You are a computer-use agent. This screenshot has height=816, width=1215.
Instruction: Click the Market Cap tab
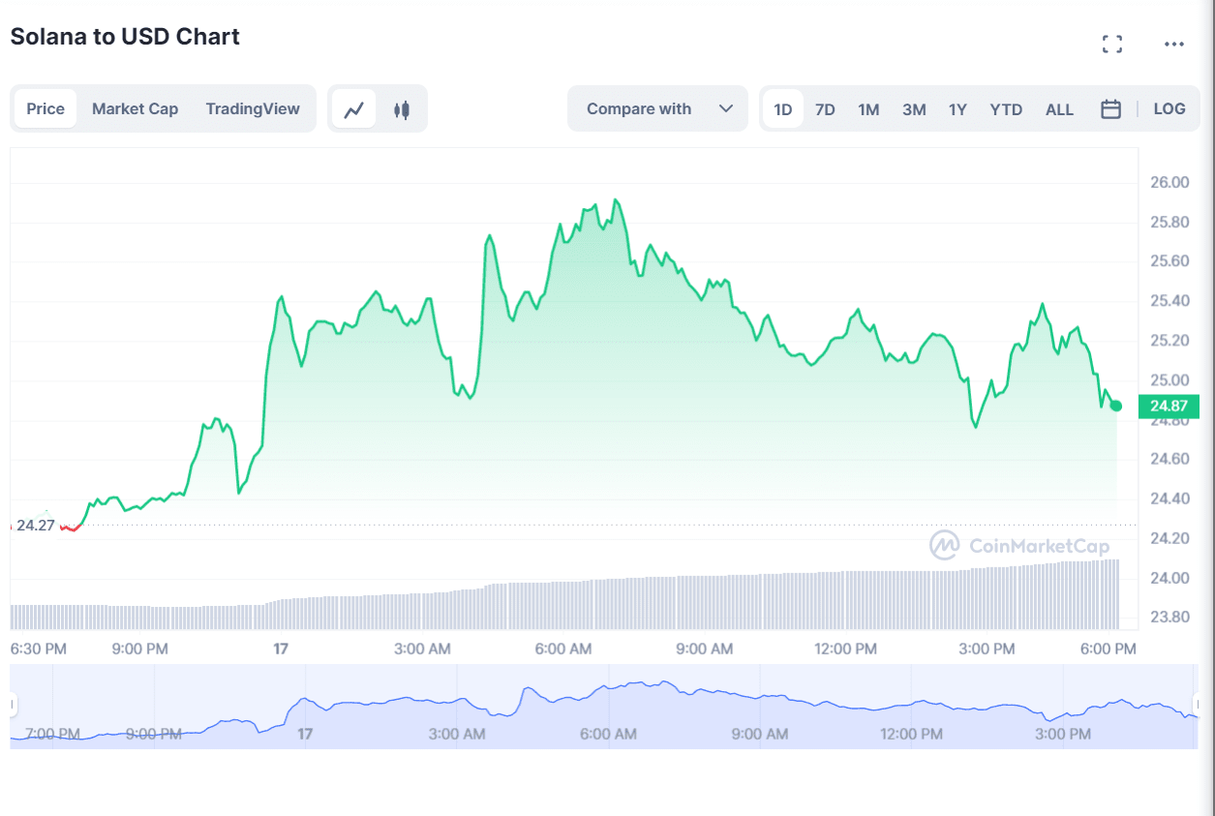pos(135,108)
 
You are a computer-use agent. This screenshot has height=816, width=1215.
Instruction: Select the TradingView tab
pos(253,108)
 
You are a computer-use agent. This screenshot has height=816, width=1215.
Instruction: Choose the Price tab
pos(46,108)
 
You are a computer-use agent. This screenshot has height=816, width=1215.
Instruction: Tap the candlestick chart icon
pos(402,109)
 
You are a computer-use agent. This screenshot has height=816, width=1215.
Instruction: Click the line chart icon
pos(354,109)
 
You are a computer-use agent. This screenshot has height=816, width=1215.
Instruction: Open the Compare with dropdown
pos(658,108)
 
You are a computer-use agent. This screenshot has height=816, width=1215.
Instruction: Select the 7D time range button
pos(825,109)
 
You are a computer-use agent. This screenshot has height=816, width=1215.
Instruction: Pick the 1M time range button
pos(868,109)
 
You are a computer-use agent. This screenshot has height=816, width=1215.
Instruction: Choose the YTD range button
pos(1006,109)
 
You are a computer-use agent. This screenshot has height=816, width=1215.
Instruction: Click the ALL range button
pos(1059,109)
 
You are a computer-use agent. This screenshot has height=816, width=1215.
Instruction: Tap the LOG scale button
pos(1169,108)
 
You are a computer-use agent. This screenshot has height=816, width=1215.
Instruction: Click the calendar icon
pos(1111,109)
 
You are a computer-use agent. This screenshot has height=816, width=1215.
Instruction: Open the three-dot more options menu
pos(1174,44)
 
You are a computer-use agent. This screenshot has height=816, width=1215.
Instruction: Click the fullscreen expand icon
pos(1112,44)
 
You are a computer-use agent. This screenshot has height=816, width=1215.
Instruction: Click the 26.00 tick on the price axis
pos(1169,182)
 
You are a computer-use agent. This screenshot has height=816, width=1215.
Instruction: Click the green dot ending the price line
pos(1116,406)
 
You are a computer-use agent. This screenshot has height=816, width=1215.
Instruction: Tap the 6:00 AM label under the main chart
pos(563,649)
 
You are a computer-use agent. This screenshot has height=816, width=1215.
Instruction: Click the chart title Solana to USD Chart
pos(125,37)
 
